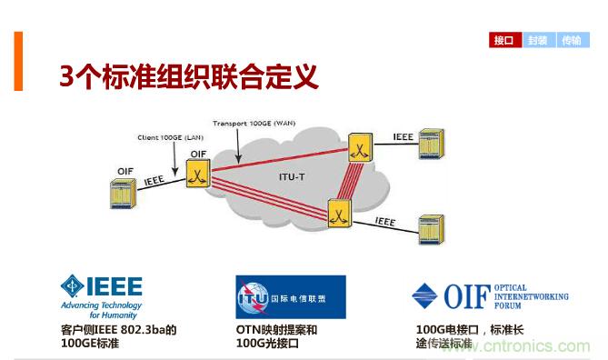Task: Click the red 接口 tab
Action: (x=504, y=40)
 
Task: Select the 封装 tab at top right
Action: (x=538, y=40)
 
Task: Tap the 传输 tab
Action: (x=570, y=40)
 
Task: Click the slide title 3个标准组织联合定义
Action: (x=188, y=76)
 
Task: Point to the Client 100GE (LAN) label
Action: (x=173, y=136)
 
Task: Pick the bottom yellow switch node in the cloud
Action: (x=339, y=215)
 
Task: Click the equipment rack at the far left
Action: (x=121, y=192)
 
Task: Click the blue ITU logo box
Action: (x=290, y=296)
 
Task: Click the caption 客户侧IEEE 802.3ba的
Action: (x=117, y=330)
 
